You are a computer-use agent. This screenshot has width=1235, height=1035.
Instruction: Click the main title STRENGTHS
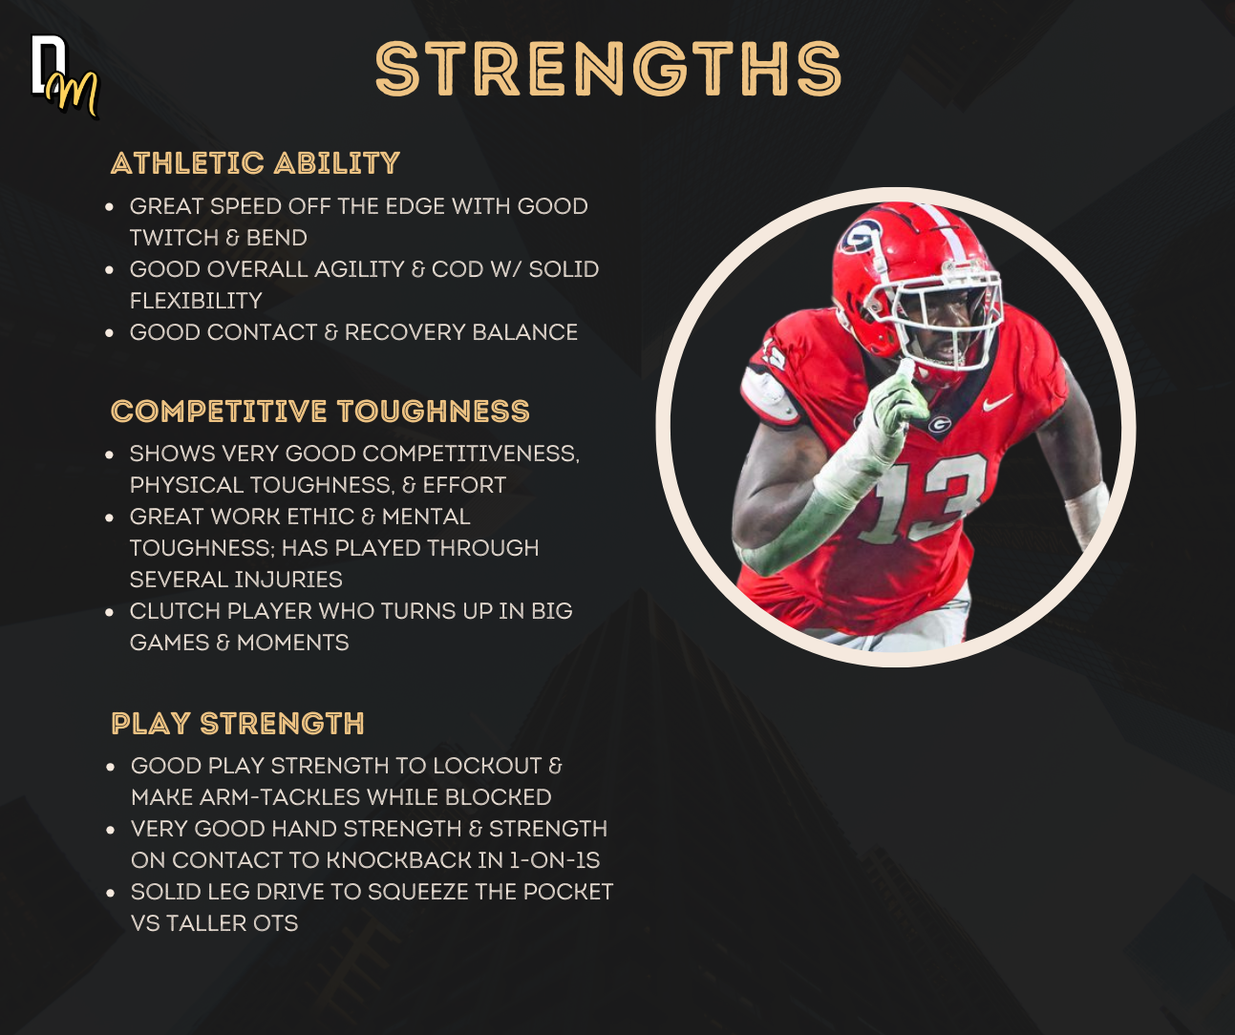[608, 69]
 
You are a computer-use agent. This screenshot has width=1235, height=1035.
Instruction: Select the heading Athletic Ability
[256, 163]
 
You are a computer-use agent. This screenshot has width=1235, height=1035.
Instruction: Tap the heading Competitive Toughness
[320, 412]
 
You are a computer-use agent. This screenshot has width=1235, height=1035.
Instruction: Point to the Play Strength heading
[238, 724]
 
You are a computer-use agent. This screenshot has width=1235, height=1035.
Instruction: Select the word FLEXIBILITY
[196, 301]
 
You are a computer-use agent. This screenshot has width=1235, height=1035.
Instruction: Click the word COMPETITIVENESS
[471, 454]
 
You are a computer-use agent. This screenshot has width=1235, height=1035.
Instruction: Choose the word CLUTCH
[175, 611]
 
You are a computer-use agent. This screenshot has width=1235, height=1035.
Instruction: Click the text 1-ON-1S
[555, 860]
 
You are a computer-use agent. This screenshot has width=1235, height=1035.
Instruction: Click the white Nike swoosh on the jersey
[997, 403]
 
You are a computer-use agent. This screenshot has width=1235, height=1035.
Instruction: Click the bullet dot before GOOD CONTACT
[109, 333]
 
